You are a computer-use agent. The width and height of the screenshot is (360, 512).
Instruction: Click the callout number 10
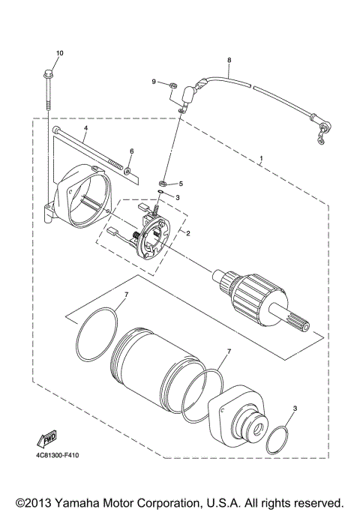pyautogui.click(x=60, y=52)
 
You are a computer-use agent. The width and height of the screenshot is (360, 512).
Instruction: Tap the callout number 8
pyautogui.click(x=229, y=60)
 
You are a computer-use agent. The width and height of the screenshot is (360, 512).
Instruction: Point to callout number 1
pyautogui.click(x=261, y=160)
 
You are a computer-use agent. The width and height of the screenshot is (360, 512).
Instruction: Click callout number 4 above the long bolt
pyautogui.click(x=85, y=128)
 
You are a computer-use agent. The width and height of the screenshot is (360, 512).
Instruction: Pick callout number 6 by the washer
pyautogui.click(x=131, y=151)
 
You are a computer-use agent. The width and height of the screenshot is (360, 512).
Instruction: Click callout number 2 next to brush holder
pyautogui.click(x=188, y=233)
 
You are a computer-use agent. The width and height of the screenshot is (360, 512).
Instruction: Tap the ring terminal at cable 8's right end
pyautogui.click(x=323, y=136)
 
